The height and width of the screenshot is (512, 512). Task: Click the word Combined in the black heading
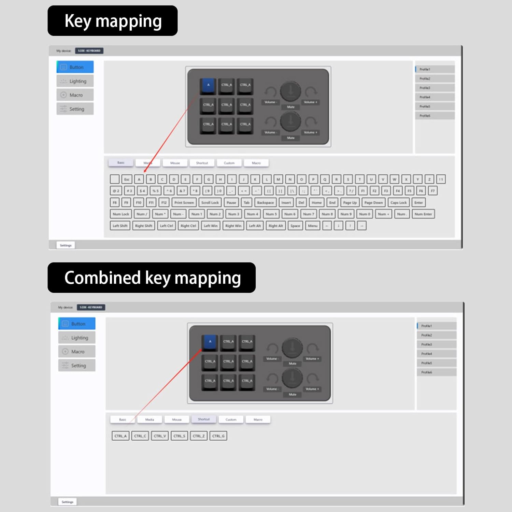click(102, 278)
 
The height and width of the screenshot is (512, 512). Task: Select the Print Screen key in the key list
click(184, 202)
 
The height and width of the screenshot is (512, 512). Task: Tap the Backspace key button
click(265, 202)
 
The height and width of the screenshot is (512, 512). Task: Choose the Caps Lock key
click(398, 202)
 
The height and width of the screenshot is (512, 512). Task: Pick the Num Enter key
click(423, 214)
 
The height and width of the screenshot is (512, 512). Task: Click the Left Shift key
click(120, 226)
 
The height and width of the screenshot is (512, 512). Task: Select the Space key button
click(295, 226)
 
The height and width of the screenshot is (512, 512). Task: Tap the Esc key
click(127, 179)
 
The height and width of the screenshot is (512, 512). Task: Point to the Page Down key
click(373, 202)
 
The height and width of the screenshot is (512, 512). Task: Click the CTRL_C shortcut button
click(140, 436)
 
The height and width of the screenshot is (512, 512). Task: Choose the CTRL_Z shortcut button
click(199, 436)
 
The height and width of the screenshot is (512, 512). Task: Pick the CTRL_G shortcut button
click(218, 436)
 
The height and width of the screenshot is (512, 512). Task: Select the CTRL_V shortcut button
click(160, 436)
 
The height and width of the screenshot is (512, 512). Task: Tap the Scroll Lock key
click(210, 202)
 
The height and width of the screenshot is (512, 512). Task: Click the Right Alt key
click(275, 226)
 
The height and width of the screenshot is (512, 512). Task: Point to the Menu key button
click(313, 226)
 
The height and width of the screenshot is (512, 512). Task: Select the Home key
click(316, 202)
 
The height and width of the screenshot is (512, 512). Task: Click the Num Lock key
click(121, 214)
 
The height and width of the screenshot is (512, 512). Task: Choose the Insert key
click(286, 202)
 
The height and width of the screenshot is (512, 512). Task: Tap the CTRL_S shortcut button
click(179, 436)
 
